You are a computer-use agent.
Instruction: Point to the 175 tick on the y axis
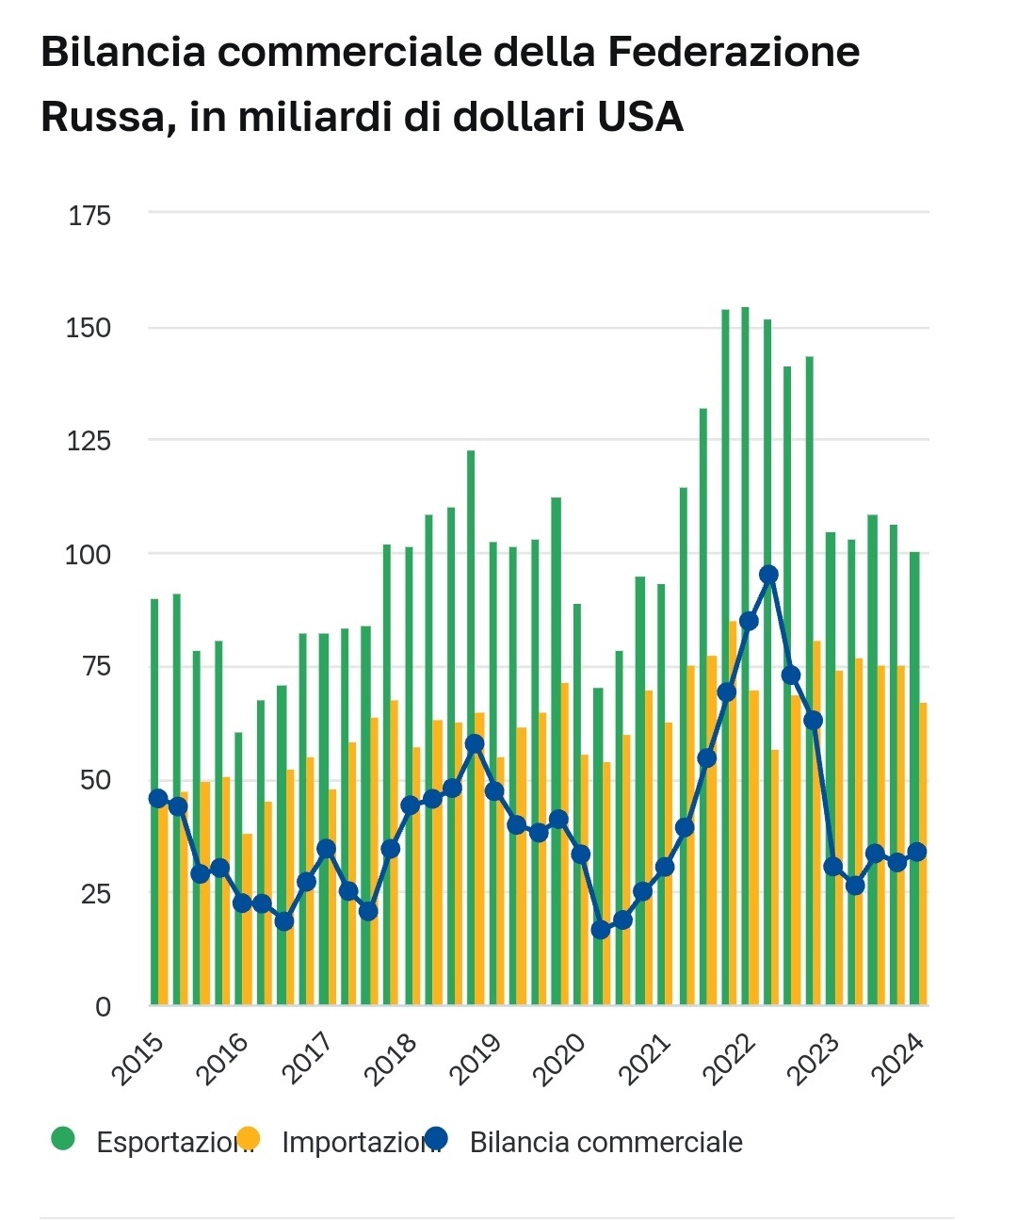click(89, 216)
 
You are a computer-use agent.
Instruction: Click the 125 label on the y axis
click(89, 441)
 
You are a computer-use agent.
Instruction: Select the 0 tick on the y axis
click(103, 1006)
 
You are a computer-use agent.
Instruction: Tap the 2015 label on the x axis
click(139, 1058)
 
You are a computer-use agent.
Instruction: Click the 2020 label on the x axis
click(559, 1058)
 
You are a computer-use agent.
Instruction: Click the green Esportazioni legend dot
click(62, 1139)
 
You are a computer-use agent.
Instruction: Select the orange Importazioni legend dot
click(248, 1139)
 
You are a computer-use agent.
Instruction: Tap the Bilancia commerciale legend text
click(605, 1143)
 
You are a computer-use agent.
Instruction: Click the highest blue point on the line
click(768, 575)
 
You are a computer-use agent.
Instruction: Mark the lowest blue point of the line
click(601, 930)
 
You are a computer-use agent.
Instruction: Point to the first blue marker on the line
click(158, 799)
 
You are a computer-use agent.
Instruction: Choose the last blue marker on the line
click(916, 853)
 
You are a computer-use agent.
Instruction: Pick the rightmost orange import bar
click(924, 853)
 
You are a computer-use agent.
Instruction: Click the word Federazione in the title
click(733, 53)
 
